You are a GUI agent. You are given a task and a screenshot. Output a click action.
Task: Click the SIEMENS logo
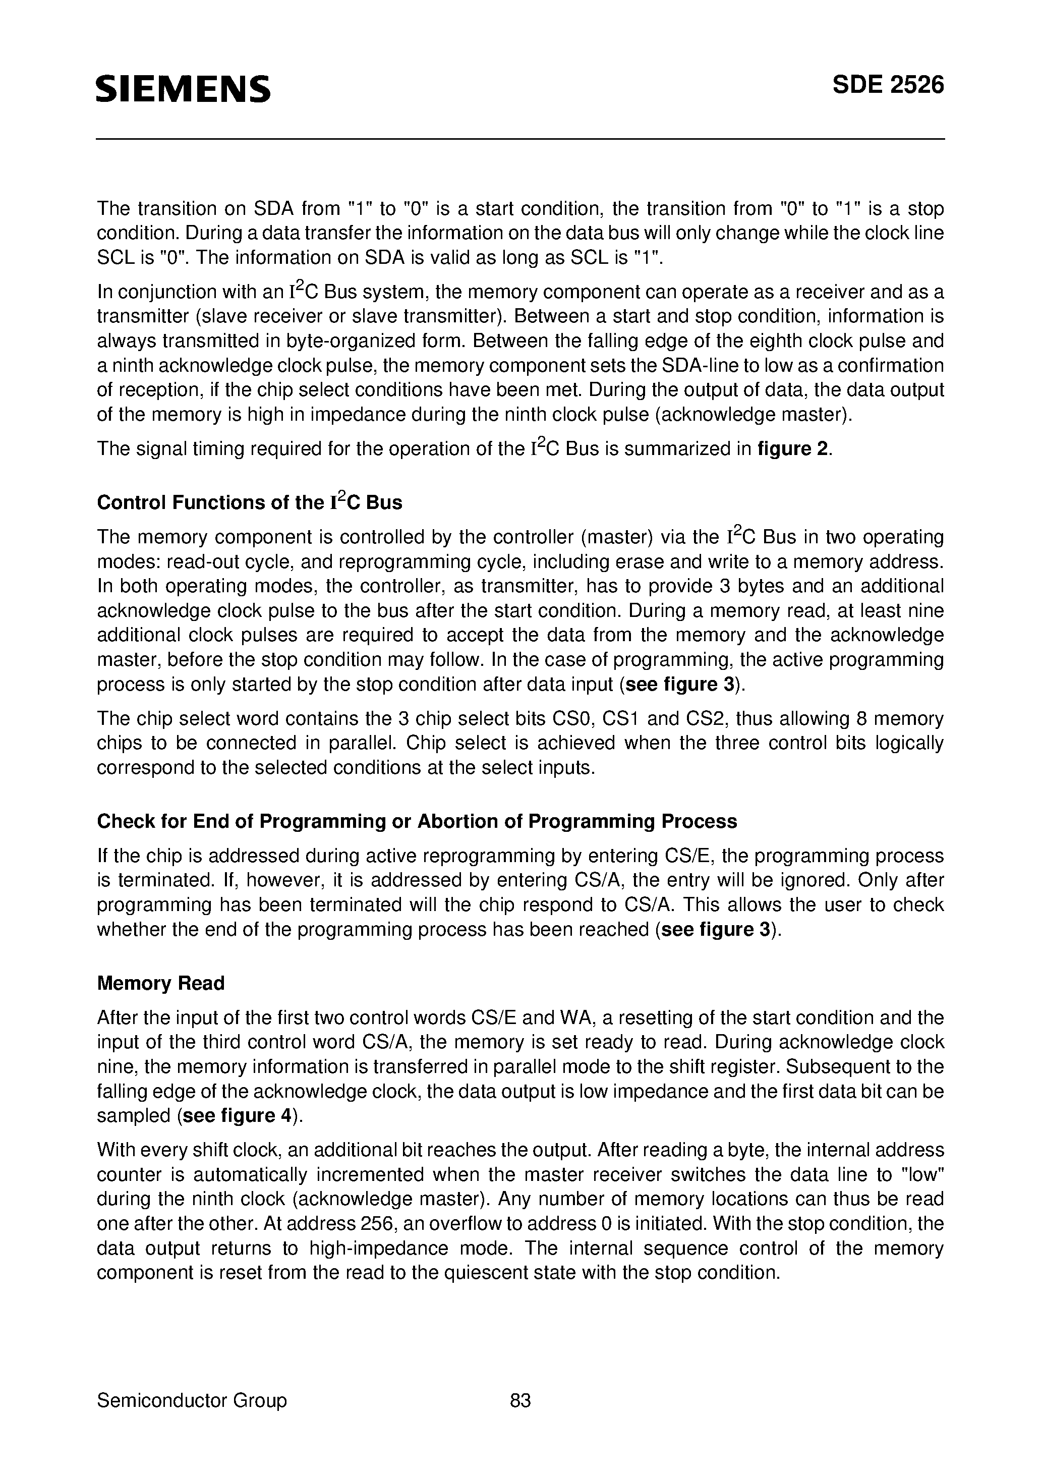pyautogui.click(x=183, y=89)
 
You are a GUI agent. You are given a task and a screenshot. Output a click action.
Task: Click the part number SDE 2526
pyautogui.click(x=888, y=85)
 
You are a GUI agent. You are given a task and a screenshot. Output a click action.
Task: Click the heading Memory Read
pyautogui.click(x=160, y=1001)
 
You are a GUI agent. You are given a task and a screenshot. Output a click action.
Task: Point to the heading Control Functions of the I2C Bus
pyautogui.click(x=249, y=502)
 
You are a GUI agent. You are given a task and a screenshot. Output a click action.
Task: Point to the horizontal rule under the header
pyautogui.click(x=520, y=139)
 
